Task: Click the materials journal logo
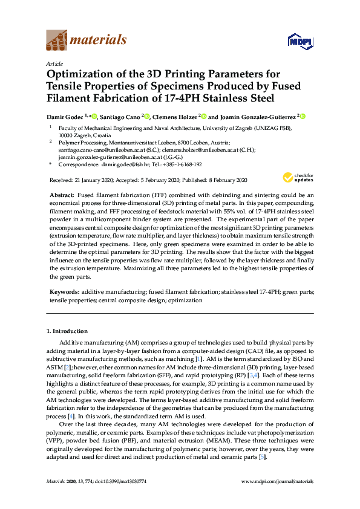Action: (x=87, y=41)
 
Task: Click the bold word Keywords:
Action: (x=64, y=291)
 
